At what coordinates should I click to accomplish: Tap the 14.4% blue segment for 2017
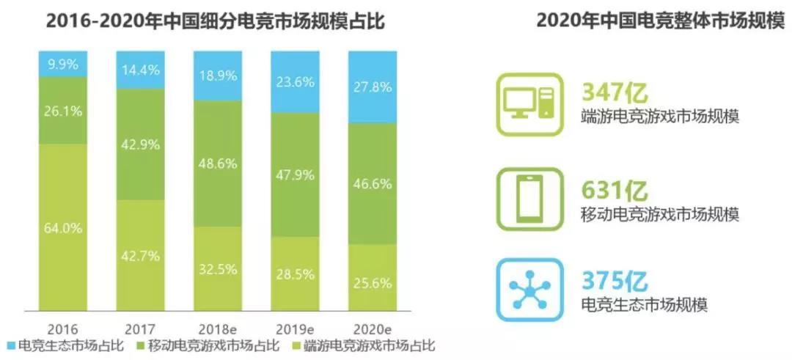[139, 70]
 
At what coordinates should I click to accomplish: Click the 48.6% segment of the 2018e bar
[217, 163]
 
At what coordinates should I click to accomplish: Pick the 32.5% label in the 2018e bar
[218, 268]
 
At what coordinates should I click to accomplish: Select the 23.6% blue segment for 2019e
[295, 81]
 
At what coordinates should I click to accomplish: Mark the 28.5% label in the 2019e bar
[296, 273]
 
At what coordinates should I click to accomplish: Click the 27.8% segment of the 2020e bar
[373, 87]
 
